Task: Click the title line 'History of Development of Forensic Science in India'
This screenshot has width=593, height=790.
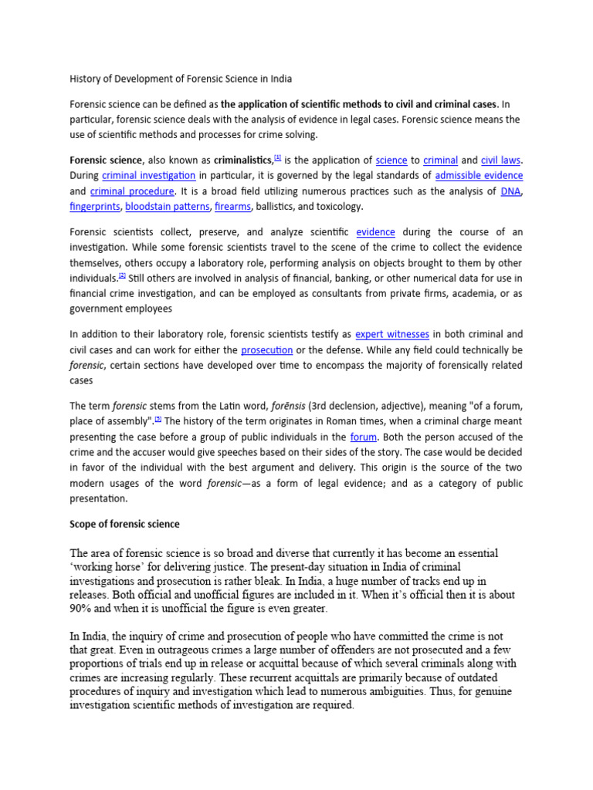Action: (x=181, y=79)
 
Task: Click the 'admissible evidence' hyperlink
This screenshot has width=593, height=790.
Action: (x=479, y=176)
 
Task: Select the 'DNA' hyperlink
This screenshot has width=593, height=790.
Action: (x=510, y=191)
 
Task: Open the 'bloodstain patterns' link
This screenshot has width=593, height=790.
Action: (x=167, y=207)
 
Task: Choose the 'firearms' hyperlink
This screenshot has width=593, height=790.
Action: (x=232, y=207)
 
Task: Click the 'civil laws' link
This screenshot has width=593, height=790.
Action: (x=501, y=160)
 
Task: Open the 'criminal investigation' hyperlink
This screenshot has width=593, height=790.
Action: (x=148, y=176)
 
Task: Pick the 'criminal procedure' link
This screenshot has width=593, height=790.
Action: (x=133, y=191)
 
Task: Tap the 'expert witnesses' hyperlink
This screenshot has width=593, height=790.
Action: (x=391, y=334)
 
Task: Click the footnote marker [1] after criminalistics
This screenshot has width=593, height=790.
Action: (x=277, y=157)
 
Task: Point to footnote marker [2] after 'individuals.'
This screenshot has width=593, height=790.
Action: (x=121, y=275)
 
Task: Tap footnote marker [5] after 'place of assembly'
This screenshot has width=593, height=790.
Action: (x=158, y=419)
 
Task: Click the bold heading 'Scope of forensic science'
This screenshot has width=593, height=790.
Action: (x=124, y=524)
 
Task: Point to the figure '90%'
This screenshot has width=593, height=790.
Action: (x=82, y=609)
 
